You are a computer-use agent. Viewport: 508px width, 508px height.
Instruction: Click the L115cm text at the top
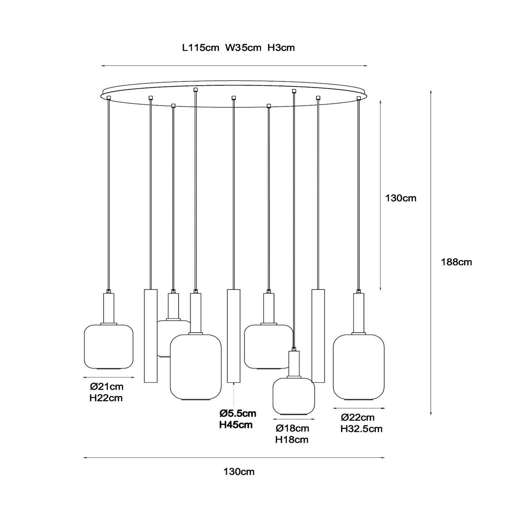pyautogui.click(x=201, y=48)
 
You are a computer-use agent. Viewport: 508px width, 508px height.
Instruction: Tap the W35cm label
pyautogui.click(x=243, y=48)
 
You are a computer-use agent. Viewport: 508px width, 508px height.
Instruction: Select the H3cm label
pyautogui.click(x=281, y=48)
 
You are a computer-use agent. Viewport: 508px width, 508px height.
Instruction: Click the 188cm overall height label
pyautogui.click(x=456, y=262)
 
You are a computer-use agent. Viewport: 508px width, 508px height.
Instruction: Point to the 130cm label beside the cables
pyautogui.click(x=401, y=198)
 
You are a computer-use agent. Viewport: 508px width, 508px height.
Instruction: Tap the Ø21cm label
pyautogui.click(x=107, y=387)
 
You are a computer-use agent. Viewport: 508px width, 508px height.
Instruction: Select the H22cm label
pyautogui.click(x=106, y=398)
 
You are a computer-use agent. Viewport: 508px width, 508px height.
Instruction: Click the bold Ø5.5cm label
pyautogui.click(x=238, y=413)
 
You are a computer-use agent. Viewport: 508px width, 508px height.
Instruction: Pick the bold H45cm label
pyautogui.click(x=236, y=425)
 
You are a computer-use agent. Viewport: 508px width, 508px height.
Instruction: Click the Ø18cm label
pyautogui.click(x=292, y=428)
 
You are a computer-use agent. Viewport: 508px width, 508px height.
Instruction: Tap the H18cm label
pyautogui.click(x=292, y=440)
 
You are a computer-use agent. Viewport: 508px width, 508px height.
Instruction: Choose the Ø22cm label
pyautogui.click(x=358, y=417)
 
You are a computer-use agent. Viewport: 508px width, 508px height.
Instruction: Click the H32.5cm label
pyautogui.click(x=362, y=429)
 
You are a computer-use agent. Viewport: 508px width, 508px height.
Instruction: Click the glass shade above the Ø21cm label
pyautogui.click(x=109, y=346)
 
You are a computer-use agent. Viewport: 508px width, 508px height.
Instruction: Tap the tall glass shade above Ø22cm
pyautogui.click(x=358, y=367)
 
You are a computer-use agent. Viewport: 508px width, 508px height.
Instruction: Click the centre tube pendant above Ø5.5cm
pyautogui.click(x=234, y=336)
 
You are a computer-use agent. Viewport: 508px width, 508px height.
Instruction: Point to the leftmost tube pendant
pyautogui.click(x=150, y=336)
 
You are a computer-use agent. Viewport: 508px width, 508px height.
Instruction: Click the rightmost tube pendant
pyautogui.click(x=318, y=336)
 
